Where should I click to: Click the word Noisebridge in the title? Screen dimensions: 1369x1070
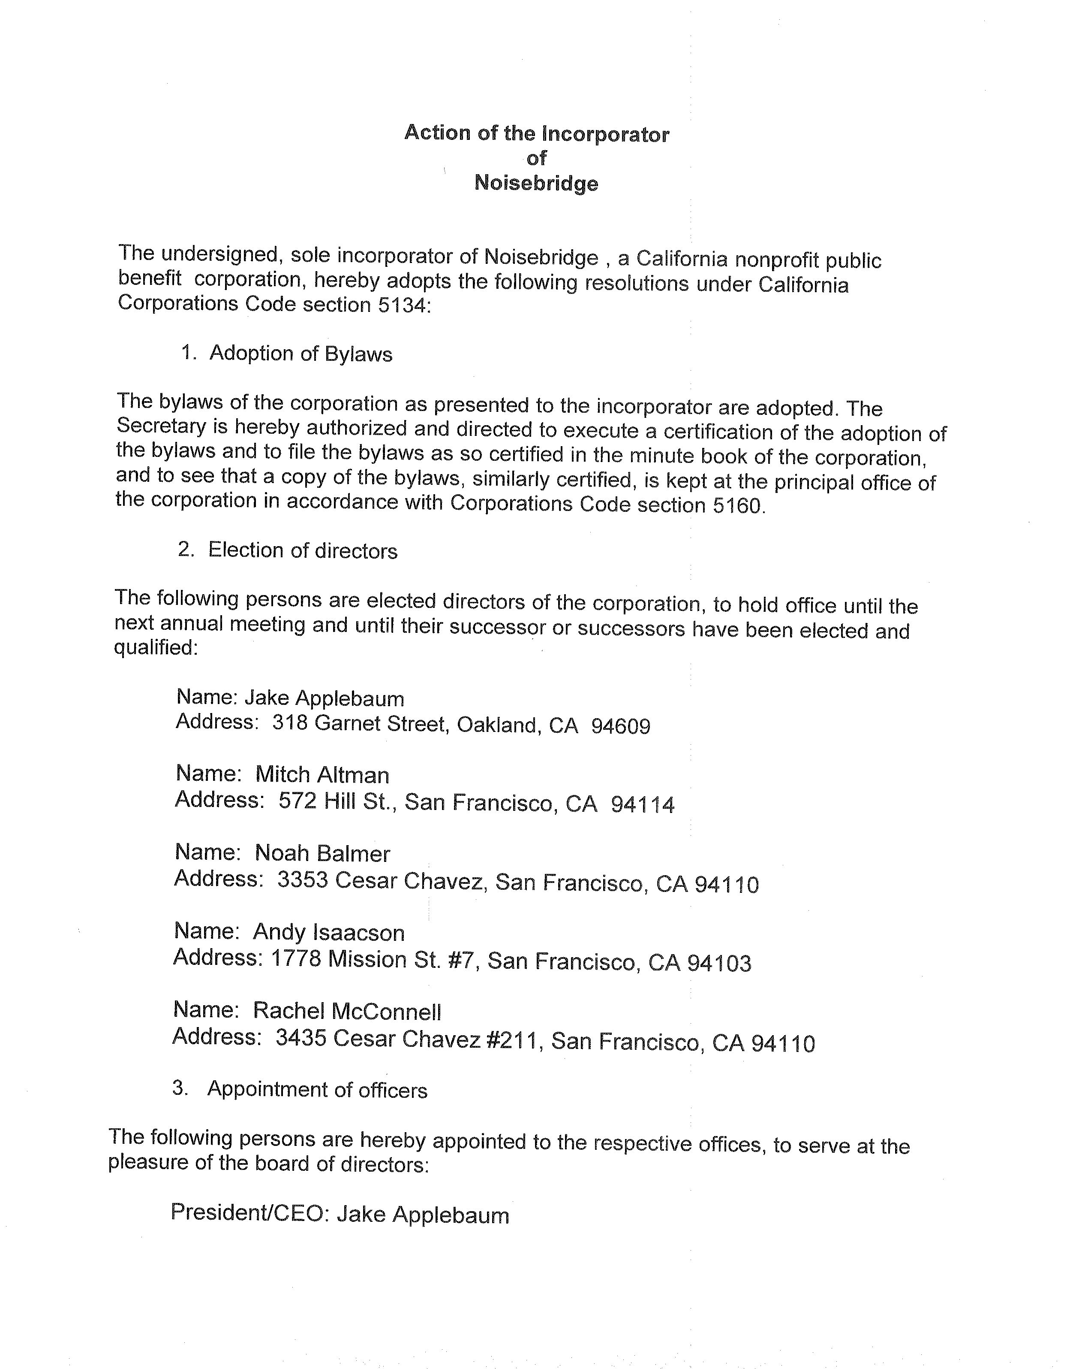(x=536, y=183)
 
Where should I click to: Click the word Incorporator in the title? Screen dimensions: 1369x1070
(x=605, y=134)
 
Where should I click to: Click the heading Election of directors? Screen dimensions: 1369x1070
(x=303, y=550)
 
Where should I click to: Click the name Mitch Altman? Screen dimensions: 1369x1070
(x=322, y=775)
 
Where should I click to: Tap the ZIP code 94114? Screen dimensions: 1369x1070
(x=643, y=804)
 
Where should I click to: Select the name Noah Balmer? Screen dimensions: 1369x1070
(x=322, y=853)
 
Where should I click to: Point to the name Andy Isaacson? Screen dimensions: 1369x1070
(x=329, y=932)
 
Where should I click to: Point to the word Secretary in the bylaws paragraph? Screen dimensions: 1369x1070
(x=162, y=426)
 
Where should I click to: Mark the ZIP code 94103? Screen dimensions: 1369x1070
(x=719, y=963)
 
